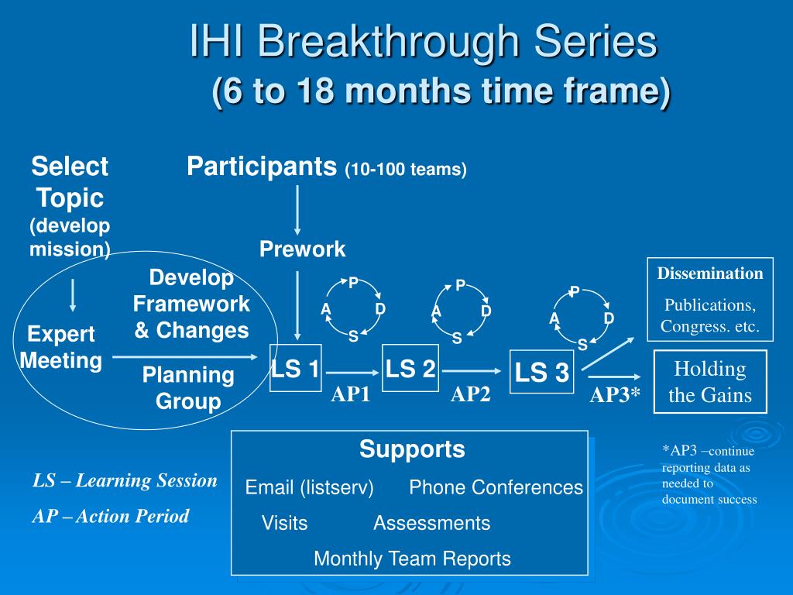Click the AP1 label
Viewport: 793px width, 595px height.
point(351,394)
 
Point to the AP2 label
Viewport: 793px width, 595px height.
point(470,394)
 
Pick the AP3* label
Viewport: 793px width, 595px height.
point(615,394)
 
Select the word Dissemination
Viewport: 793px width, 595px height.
point(710,273)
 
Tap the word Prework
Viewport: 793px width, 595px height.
point(303,249)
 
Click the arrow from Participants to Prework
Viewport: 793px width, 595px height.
point(297,210)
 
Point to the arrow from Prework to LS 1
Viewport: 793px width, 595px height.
point(297,305)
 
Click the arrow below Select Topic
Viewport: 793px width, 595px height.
point(73,295)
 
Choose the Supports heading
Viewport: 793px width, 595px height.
point(412,449)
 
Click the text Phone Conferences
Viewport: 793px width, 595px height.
point(496,487)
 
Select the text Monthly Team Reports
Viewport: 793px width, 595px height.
point(412,559)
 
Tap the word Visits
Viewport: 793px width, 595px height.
point(284,523)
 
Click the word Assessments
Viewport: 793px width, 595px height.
point(432,523)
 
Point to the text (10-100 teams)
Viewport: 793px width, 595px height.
point(406,170)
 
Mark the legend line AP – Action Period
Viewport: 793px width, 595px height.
point(111,516)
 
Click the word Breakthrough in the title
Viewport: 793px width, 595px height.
point(389,42)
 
